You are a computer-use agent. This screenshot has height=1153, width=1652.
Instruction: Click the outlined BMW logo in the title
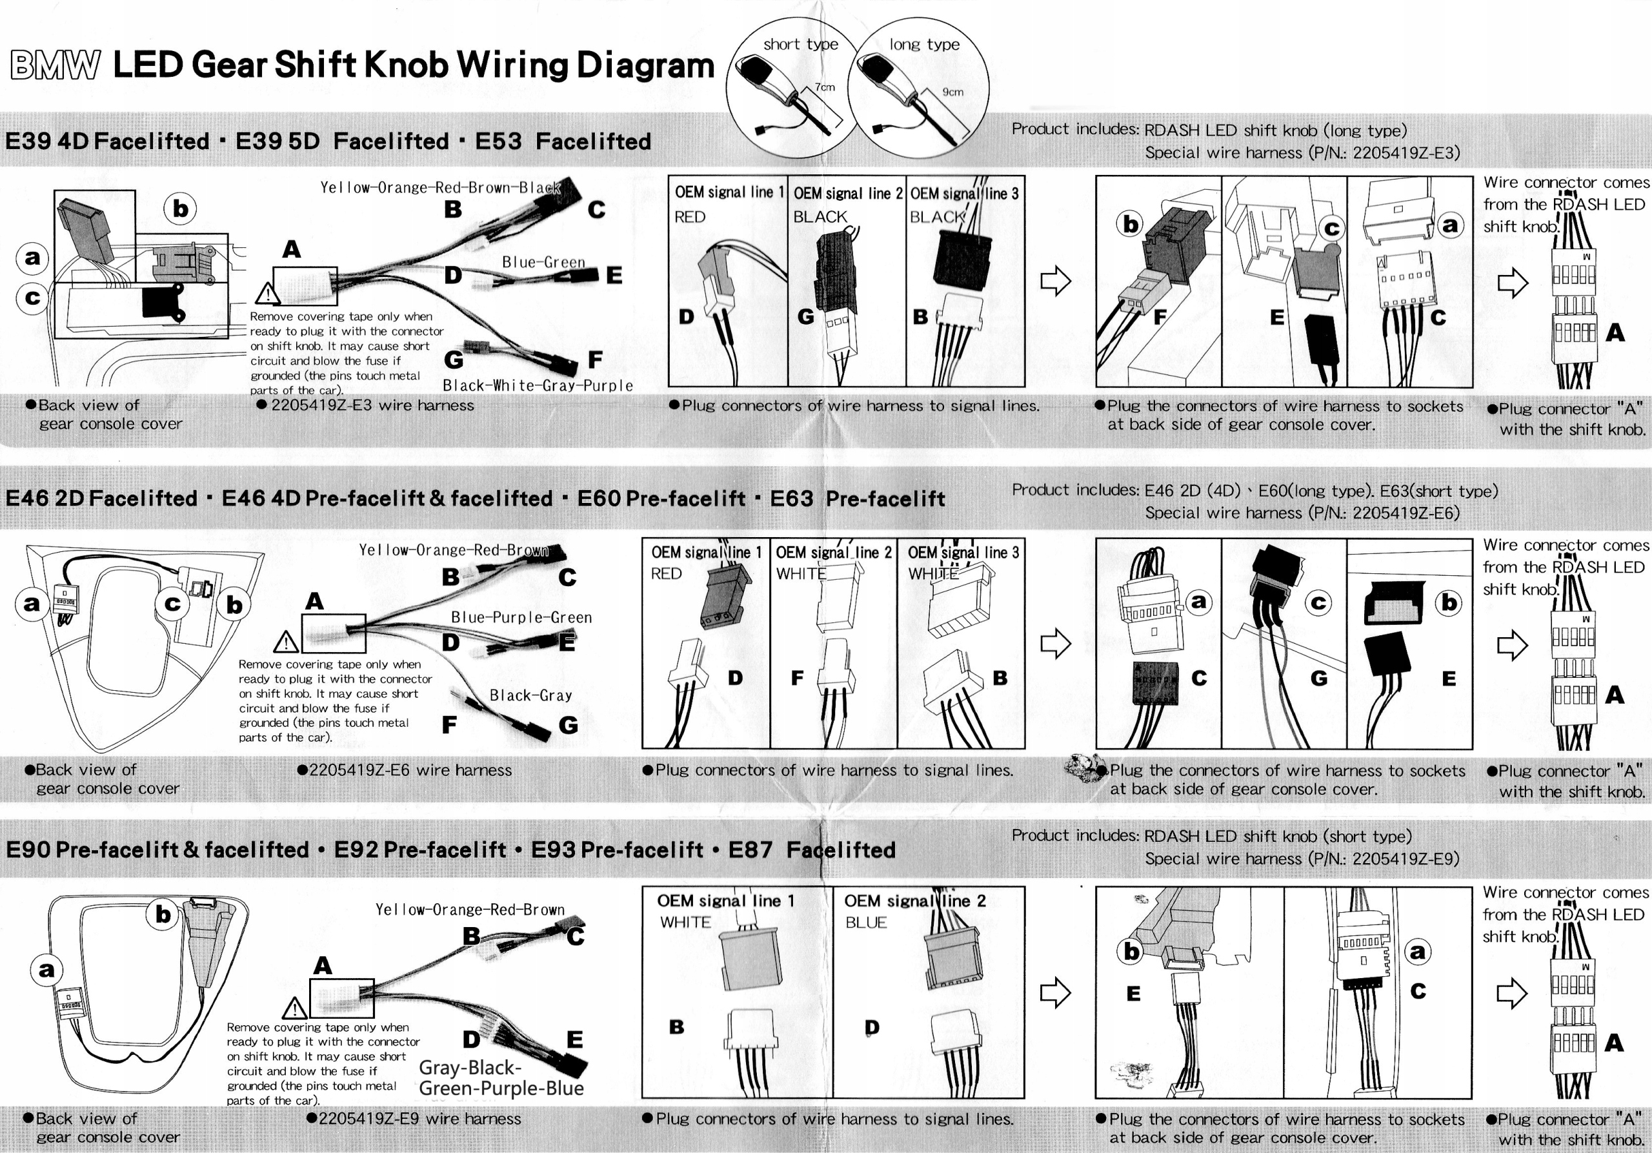pyautogui.click(x=55, y=65)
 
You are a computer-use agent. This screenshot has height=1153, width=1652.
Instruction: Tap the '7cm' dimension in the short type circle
pyautogui.click(x=825, y=87)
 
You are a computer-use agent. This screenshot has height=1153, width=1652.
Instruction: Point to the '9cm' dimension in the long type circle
pyautogui.click(x=952, y=92)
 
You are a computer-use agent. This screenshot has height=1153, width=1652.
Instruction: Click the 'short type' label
pyautogui.click(x=801, y=45)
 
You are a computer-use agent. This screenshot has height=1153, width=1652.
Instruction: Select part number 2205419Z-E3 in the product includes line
pyautogui.click(x=1406, y=152)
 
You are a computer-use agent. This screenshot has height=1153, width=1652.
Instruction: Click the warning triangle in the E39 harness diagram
pyautogui.click(x=268, y=294)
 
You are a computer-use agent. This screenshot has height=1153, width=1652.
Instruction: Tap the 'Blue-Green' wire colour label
pyautogui.click(x=543, y=263)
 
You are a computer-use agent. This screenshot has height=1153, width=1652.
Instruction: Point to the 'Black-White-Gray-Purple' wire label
pyautogui.click(x=538, y=386)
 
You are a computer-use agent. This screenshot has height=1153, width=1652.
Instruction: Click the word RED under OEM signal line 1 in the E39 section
pyautogui.click(x=690, y=217)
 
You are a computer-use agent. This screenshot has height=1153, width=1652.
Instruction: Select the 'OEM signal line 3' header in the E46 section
pyautogui.click(x=963, y=553)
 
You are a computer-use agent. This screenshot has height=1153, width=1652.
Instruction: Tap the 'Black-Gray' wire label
pyautogui.click(x=531, y=695)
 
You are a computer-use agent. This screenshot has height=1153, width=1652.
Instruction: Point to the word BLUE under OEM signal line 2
pyautogui.click(x=865, y=923)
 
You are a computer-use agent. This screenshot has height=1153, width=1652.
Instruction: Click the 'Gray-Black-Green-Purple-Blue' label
pyautogui.click(x=501, y=1078)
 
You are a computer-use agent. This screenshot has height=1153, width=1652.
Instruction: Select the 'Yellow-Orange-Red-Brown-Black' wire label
pyautogui.click(x=440, y=188)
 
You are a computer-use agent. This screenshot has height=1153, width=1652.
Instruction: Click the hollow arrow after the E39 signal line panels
pyautogui.click(x=1056, y=281)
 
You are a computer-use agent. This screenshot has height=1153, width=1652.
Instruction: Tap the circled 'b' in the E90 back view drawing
pyautogui.click(x=163, y=914)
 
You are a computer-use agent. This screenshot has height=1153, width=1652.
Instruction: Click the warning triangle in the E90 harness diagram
pyautogui.click(x=295, y=1009)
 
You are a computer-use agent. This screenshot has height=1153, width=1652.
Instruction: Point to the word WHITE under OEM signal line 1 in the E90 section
pyautogui.click(x=685, y=922)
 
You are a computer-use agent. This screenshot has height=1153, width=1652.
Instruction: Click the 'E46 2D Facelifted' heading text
pyautogui.click(x=101, y=499)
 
